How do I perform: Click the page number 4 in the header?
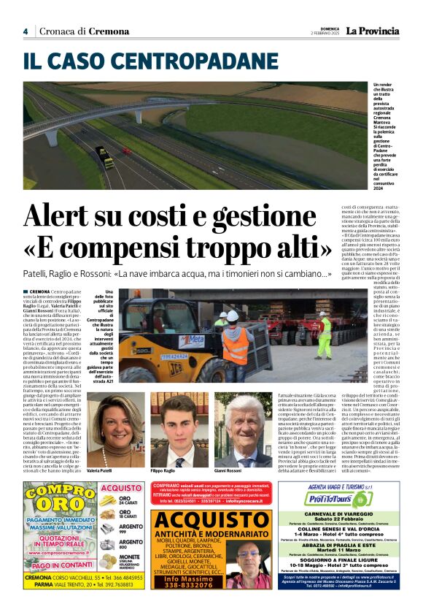(25, 31)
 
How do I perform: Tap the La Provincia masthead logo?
(373, 31)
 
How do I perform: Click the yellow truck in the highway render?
(105, 157)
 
